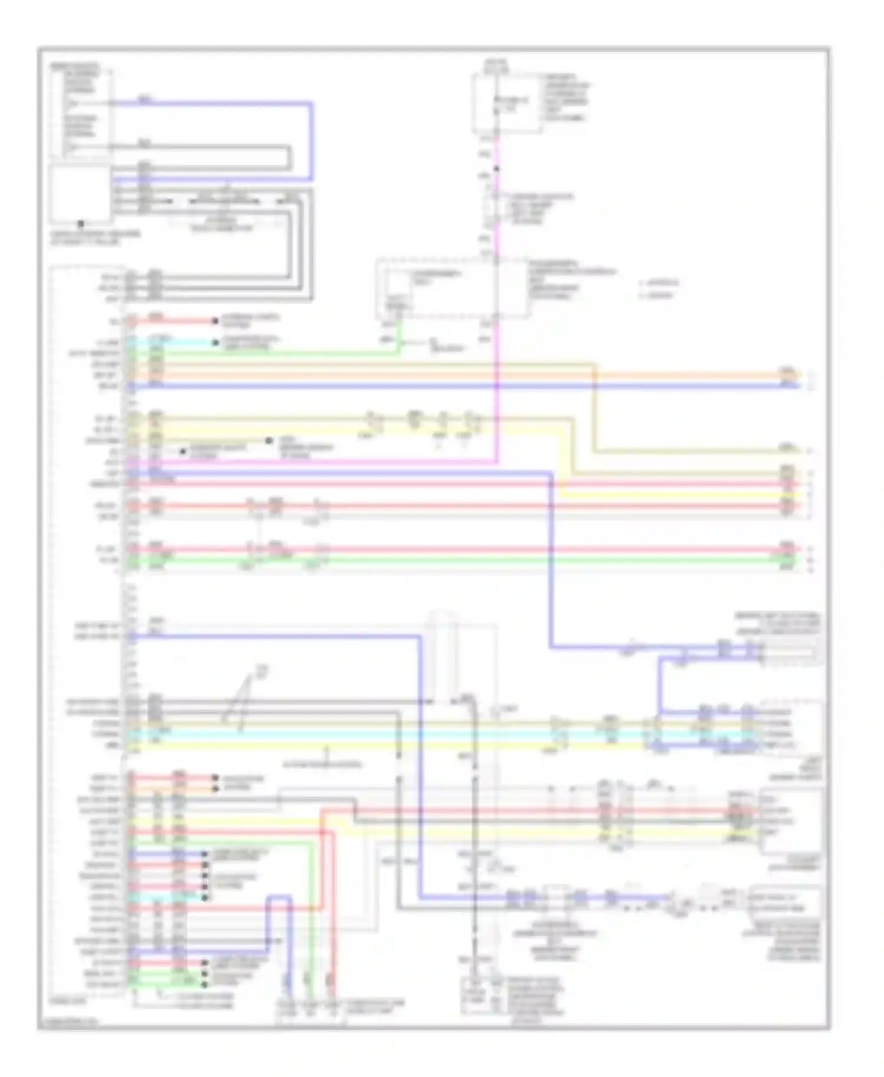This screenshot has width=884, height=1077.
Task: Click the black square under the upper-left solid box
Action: pyautogui.click(x=81, y=224)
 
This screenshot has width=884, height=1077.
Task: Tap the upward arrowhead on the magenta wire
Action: pyautogui.click(x=497, y=169)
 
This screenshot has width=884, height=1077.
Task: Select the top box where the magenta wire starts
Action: pyautogui.click(x=507, y=104)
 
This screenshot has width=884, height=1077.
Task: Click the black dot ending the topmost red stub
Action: pyautogui.click(x=216, y=321)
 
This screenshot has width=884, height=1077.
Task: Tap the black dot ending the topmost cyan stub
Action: pyautogui.click(x=216, y=342)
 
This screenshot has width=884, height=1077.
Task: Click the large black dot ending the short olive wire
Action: pyautogui.click(x=269, y=441)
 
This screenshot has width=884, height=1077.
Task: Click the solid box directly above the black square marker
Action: pyautogui.click(x=81, y=194)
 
